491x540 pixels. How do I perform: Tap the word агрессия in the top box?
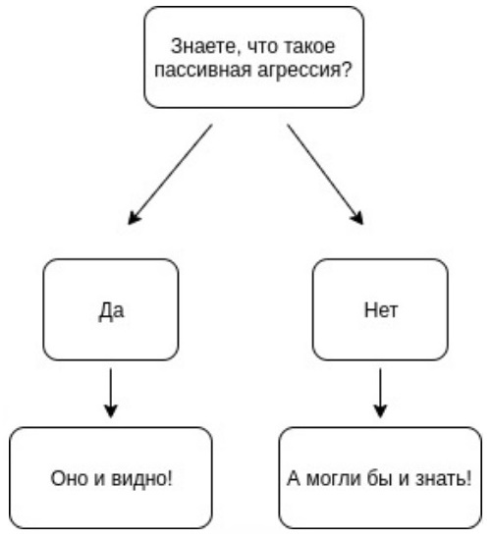tap(300, 71)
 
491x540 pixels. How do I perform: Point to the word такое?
tap(307, 46)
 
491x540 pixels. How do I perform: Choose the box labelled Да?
tap(111, 309)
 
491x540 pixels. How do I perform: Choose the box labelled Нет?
tap(380, 309)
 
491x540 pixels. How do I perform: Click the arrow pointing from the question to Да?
tap(170, 175)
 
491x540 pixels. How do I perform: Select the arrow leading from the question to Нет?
tap(325, 175)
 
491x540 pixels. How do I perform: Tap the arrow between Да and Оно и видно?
tap(111, 394)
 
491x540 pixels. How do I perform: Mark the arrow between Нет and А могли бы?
tap(380, 394)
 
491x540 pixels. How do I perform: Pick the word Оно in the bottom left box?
tap(69, 478)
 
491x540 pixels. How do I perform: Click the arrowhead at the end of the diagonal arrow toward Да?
tap(134, 218)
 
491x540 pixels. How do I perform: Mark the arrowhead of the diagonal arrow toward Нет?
tap(357, 218)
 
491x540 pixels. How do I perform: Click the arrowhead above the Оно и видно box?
tap(111, 411)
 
